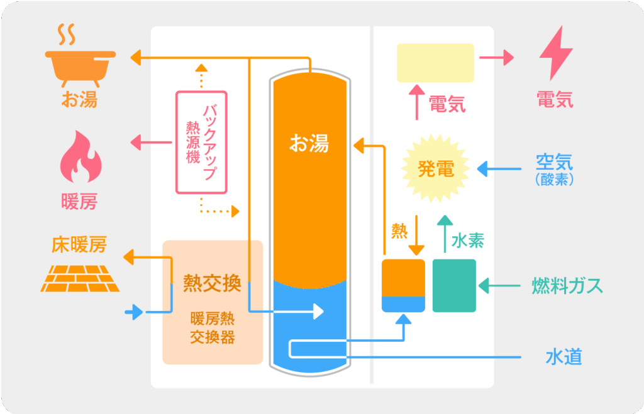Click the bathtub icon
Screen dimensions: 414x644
tap(80, 63)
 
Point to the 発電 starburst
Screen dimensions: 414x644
tap(436, 169)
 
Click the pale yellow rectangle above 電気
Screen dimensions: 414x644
tap(435, 63)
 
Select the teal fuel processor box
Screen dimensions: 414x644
tap(454, 286)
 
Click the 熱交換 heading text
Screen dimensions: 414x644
tap(212, 283)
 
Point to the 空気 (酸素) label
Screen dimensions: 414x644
tap(554, 168)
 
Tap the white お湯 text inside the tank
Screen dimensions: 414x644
tap(309, 143)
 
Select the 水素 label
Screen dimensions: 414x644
tap(469, 241)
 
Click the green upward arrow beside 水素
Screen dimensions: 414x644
tap(444, 234)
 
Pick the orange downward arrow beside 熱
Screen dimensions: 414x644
tap(416, 239)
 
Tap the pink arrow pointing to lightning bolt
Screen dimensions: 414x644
tap(496, 58)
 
